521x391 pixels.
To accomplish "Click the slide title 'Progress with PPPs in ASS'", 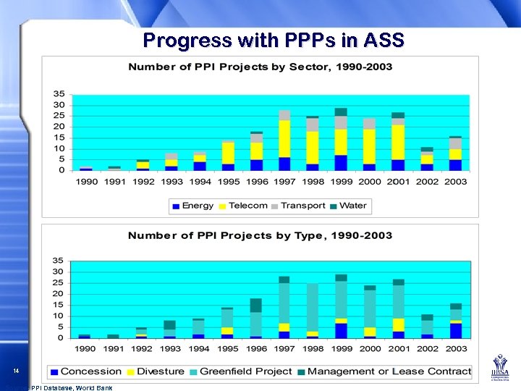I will pyautogui.click(x=273, y=40).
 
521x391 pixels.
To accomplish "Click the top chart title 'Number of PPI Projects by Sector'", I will pyautogui.click(x=260, y=67).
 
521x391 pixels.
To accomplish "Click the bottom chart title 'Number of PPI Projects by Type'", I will pyautogui.click(x=260, y=235).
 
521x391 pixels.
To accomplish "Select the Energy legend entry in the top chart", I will pyautogui.click(x=192, y=206).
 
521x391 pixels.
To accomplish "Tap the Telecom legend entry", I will pyautogui.click(x=243, y=206).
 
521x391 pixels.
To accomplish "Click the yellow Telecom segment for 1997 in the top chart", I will pyautogui.click(x=284, y=139).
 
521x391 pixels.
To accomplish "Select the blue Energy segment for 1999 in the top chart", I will pyautogui.click(x=341, y=162).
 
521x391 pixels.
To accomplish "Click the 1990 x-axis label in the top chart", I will pyautogui.click(x=86, y=182).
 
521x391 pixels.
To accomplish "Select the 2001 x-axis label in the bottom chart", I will pyautogui.click(x=397, y=349).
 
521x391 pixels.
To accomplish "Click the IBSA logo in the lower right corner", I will pyautogui.click(x=501, y=369).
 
